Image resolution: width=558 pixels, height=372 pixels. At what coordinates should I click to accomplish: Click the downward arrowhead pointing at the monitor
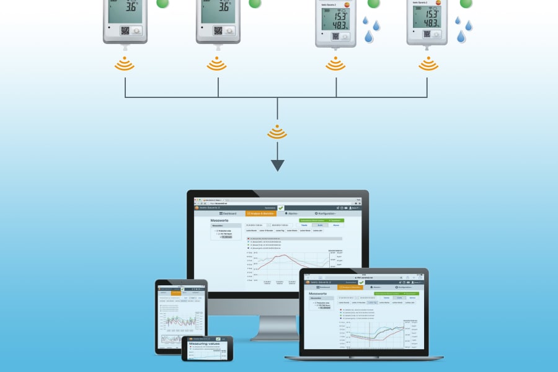277,166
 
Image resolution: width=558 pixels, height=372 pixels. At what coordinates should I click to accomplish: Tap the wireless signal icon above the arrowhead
277,132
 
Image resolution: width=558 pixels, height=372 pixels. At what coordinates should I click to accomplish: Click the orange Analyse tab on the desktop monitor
261,213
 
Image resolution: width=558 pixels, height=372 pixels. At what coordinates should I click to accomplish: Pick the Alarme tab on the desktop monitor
291,213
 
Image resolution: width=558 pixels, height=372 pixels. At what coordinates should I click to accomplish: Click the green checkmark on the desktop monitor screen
280,208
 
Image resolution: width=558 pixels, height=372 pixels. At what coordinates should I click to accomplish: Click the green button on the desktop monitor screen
313,220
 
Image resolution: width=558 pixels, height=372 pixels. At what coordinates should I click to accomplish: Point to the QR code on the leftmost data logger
124,30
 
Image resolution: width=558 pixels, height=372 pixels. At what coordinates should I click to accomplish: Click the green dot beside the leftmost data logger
162,3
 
